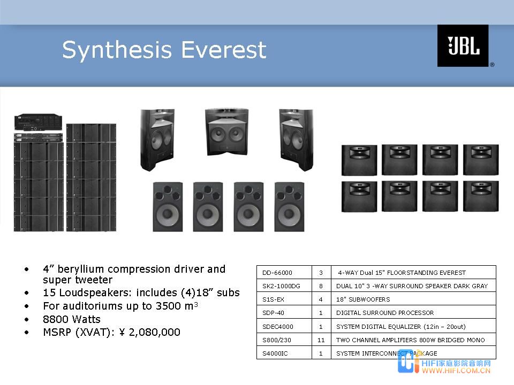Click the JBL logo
463,45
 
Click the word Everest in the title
224,50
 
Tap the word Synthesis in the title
117,50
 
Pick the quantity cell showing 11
321,340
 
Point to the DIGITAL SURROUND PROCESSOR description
385,313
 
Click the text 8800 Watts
72,319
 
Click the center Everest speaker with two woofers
227,132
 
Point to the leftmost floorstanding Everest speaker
157,140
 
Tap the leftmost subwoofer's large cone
168,214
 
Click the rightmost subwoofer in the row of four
289,207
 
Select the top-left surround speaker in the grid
359,160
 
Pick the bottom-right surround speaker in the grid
481,196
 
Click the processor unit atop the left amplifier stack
39,122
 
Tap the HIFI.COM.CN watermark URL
456,371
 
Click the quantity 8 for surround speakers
321,286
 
